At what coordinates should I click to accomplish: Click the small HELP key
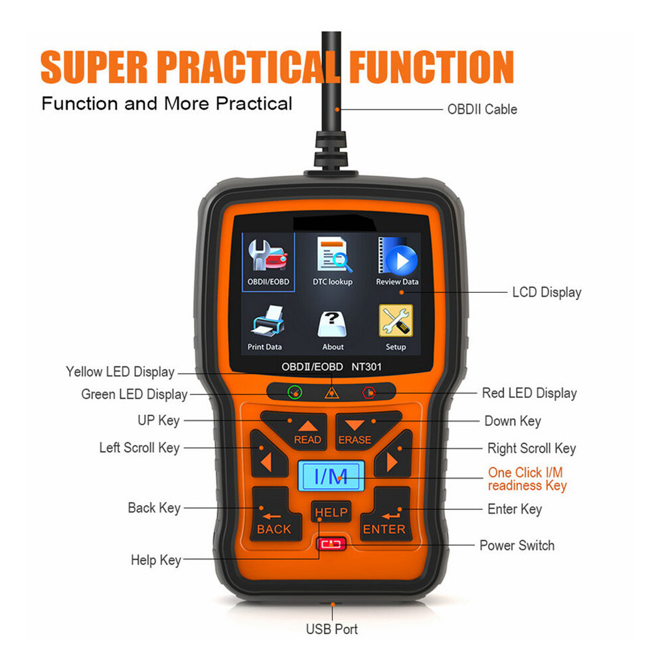tap(331, 513)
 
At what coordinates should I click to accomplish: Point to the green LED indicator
tap(294, 392)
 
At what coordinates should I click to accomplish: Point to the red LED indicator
tap(367, 392)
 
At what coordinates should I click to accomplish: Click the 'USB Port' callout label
tap(331, 628)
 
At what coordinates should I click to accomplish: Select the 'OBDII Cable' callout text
tap(482, 109)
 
